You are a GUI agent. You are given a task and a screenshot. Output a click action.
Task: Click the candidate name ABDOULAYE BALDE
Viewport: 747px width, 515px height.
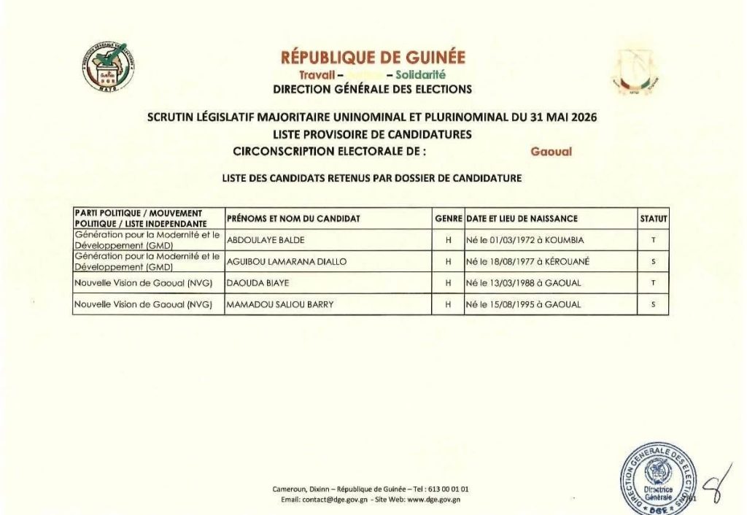click(266, 240)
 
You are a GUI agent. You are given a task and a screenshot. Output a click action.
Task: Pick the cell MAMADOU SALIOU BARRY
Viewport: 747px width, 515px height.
click(280, 305)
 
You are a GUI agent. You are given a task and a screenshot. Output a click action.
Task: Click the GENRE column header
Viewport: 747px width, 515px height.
click(449, 218)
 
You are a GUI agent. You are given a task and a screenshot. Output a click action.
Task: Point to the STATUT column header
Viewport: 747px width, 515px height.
click(653, 218)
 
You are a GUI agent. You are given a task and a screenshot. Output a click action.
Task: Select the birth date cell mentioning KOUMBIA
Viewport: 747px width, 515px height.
click(525, 240)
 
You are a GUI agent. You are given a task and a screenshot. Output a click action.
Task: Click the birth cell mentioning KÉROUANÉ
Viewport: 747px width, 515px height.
click(527, 261)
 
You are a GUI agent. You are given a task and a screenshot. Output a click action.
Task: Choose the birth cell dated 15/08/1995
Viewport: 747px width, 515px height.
click(523, 305)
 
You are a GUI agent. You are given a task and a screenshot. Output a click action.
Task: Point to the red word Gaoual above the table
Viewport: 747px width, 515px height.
click(551, 152)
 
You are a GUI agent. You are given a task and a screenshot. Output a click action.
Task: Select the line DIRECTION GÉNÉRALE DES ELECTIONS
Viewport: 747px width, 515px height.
click(372, 90)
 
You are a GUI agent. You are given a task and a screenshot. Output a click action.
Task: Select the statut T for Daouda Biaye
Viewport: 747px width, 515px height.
click(653, 283)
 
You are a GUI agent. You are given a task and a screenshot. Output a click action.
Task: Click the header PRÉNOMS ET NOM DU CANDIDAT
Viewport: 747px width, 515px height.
click(293, 218)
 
